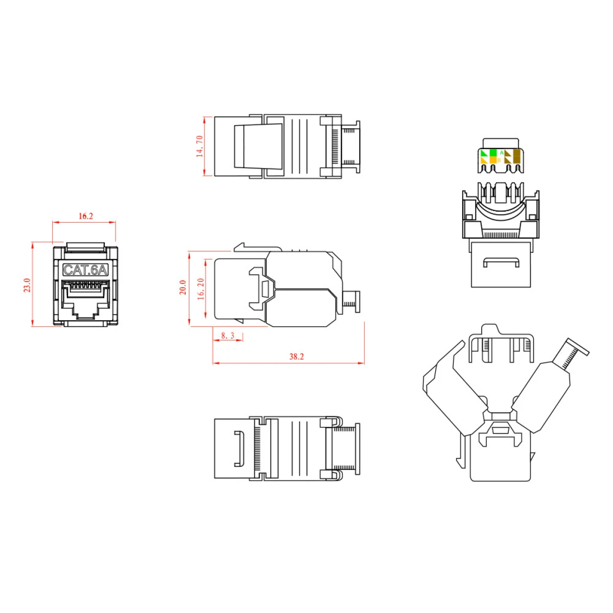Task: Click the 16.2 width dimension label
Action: pyautogui.click(x=86, y=216)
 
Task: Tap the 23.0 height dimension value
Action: pyautogui.click(x=28, y=285)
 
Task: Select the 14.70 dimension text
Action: pyautogui.click(x=199, y=146)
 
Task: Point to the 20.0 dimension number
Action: pyautogui.click(x=183, y=287)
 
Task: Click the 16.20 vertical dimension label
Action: pyautogui.click(x=201, y=289)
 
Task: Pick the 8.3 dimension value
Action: pyautogui.click(x=228, y=336)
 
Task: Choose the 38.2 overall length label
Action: pyautogui.click(x=296, y=357)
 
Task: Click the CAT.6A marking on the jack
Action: pyautogui.click(x=86, y=270)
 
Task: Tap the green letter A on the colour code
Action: pyautogui.click(x=502, y=153)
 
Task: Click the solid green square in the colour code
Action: pyautogui.click(x=493, y=153)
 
